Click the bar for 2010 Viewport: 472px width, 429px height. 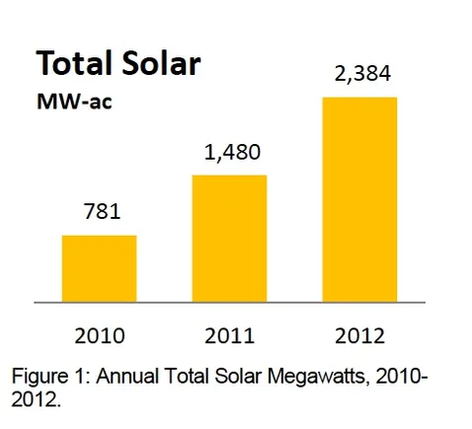[x=99, y=268]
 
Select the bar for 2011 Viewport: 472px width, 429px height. [x=229, y=238]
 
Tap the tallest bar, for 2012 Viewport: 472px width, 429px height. [x=359, y=198]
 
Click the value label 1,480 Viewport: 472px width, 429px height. [x=229, y=155]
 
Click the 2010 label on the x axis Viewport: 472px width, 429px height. [x=99, y=334]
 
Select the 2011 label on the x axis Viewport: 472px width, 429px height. [x=229, y=334]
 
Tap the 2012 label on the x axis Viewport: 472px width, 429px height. [x=359, y=334]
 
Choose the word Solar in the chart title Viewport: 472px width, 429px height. [x=162, y=64]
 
